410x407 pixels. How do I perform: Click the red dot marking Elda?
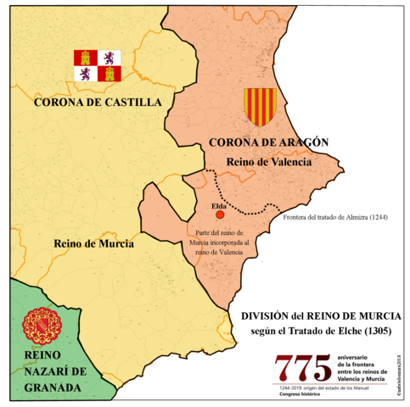pyautogui.click(x=219, y=216)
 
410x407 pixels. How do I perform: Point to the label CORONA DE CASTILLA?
pyautogui.click(x=97, y=103)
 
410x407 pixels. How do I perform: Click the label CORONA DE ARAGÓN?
pyautogui.click(x=268, y=142)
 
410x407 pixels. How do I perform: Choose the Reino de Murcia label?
pyautogui.click(x=93, y=243)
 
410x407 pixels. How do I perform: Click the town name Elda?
pyautogui.click(x=217, y=205)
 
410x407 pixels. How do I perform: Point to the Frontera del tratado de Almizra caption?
pyautogui.click(x=335, y=217)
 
